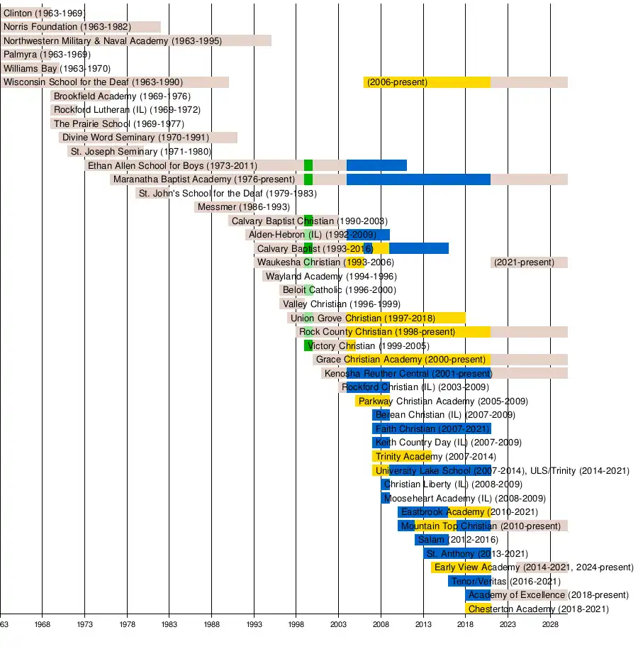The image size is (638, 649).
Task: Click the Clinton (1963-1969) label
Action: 44,13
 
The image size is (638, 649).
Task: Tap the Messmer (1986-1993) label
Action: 243,207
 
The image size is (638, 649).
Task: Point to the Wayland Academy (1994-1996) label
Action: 331,277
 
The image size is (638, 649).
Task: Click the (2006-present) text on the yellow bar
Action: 397,82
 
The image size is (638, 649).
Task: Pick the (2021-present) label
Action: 524,262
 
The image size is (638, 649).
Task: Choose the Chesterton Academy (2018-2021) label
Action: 538,609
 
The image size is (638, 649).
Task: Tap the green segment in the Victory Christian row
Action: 308,345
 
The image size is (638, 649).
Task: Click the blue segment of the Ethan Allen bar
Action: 376,165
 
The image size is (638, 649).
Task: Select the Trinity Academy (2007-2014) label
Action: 435,457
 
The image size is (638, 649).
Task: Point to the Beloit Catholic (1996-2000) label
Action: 339,290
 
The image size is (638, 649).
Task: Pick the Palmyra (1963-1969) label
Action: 47,55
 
